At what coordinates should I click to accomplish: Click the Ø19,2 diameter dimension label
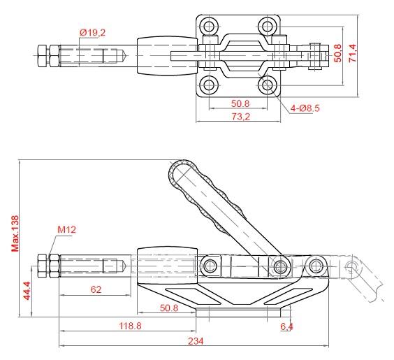point(92,33)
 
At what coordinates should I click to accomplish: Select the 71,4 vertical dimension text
point(352,53)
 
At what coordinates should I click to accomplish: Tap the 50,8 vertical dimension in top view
point(338,53)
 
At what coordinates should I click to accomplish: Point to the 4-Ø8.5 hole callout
point(305,108)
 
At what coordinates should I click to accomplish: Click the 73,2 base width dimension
point(240,117)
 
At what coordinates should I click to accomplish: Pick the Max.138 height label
point(15,233)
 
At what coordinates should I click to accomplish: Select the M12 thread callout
point(66,229)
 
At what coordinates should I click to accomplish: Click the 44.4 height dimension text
point(27,291)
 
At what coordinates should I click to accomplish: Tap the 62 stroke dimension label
point(96,289)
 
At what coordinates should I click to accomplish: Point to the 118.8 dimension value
point(130,326)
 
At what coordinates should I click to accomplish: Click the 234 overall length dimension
point(196,341)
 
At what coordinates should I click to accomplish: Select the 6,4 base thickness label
point(286,326)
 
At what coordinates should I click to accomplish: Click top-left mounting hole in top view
point(209,26)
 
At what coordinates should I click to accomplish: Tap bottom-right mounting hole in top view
point(267,85)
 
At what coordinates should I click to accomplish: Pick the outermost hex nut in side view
point(42,266)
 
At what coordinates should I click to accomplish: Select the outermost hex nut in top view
point(42,55)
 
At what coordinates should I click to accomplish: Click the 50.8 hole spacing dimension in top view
point(240,103)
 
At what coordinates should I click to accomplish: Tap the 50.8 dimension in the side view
point(169,308)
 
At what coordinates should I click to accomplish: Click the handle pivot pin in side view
point(280,266)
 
